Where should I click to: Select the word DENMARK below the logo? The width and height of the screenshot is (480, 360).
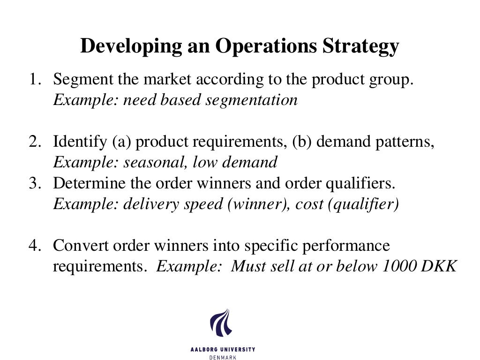click(222, 357)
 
